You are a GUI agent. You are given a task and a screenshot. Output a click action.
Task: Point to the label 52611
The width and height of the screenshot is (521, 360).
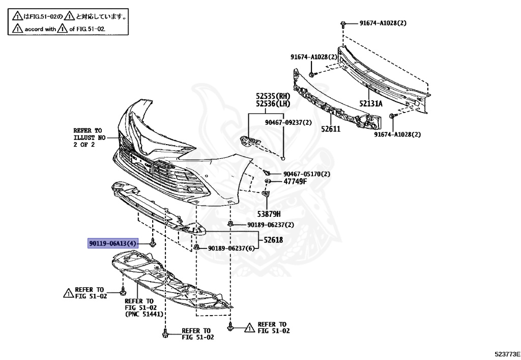330,129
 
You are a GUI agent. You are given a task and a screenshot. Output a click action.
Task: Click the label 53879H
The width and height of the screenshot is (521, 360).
269,214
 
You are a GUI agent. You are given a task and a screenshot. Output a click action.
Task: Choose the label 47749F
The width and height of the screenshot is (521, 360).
295,181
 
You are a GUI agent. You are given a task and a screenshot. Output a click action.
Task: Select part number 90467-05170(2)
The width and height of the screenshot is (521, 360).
307,174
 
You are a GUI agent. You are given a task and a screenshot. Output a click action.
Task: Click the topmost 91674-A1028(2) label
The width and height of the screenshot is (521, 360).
383,23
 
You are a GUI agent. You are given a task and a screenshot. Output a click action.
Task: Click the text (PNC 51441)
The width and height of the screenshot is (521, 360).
144,315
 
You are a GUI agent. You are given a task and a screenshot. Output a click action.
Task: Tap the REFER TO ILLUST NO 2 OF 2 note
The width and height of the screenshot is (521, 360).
88,137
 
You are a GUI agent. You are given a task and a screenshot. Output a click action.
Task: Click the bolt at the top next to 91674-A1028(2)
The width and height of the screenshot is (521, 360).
344,23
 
